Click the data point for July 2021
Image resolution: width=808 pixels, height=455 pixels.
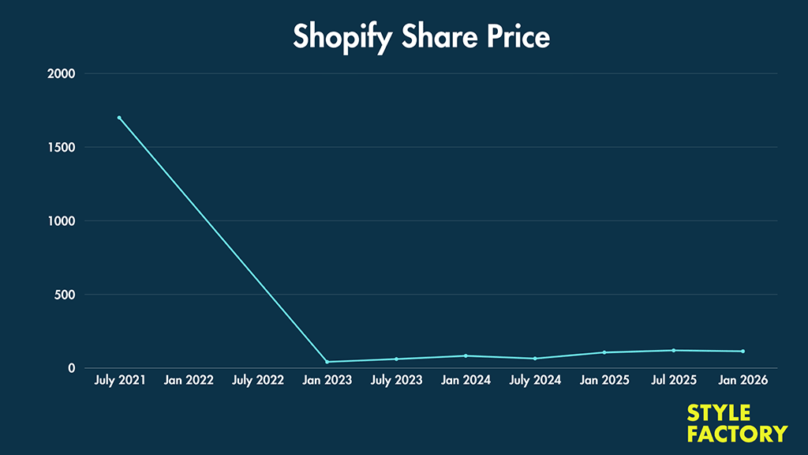coord(119,118)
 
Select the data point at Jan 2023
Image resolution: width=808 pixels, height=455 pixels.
coord(327,362)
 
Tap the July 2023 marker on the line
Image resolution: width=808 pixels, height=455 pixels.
coord(396,359)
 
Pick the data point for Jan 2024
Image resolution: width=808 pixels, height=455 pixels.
coord(466,355)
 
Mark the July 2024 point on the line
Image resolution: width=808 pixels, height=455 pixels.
coord(535,359)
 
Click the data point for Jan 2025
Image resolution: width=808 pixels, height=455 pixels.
coord(604,352)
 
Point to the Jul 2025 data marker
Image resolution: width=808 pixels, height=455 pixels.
coord(674,350)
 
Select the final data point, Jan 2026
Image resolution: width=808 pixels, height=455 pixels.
coord(743,352)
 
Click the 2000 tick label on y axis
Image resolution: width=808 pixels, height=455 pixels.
coord(61,74)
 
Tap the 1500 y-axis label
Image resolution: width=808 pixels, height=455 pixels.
coord(61,148)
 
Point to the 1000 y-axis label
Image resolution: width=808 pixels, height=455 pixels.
coord(61,221)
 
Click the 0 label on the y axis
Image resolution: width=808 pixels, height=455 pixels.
coord(71,368)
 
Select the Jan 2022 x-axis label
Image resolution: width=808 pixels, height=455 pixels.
coord(189,381)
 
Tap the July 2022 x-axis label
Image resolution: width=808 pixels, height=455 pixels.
coord(258,381)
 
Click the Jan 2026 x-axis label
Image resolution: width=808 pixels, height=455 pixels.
coord(743,381)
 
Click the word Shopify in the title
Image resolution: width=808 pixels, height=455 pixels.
coord(341,37)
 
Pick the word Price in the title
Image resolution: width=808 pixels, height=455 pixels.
coord(516,36)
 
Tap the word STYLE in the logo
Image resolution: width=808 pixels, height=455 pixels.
coord(719,414)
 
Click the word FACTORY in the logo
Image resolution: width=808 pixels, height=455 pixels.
coord(737,434)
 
